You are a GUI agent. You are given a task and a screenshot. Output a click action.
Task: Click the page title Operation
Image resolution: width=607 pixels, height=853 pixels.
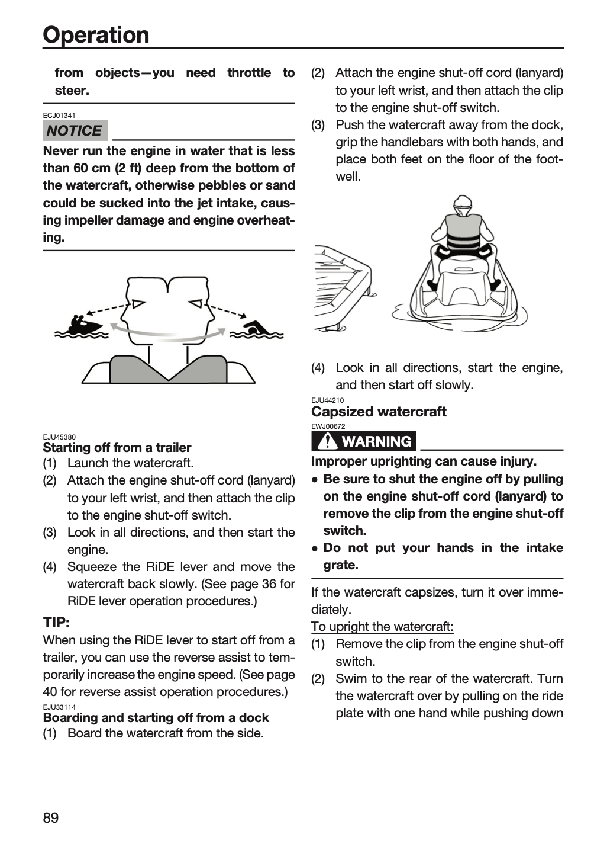tap(96, 35)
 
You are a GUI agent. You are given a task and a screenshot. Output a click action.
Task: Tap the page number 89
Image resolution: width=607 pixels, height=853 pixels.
tap(51, 817)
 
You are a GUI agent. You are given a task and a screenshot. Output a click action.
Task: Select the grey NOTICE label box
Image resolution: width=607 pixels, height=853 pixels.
tap(75, 130)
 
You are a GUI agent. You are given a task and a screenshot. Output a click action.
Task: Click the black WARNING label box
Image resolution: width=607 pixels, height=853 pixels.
tap(364, 441)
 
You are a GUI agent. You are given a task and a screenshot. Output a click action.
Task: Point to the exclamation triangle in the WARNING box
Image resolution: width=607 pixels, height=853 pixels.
tap(327, 441)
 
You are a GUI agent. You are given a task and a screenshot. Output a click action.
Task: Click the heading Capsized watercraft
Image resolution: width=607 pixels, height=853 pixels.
tap(379, 412)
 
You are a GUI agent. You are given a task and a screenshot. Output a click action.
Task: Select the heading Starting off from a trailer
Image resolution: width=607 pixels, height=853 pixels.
tap(117, 447)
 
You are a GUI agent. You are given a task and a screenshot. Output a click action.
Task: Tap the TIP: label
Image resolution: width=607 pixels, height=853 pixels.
tap(56, 623)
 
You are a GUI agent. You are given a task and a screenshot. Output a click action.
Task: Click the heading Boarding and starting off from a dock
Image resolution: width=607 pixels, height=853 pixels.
tap(156, 718)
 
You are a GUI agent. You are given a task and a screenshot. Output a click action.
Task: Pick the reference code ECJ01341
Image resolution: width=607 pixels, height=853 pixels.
tap(59, 115)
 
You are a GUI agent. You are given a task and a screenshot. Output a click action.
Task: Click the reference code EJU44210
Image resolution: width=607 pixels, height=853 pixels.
tap(328, 400)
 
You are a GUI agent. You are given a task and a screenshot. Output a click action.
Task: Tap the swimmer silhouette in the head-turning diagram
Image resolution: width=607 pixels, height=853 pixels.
tap(257, 328)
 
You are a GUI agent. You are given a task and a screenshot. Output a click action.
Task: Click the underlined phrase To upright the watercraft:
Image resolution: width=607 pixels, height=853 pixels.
tap(382, 627)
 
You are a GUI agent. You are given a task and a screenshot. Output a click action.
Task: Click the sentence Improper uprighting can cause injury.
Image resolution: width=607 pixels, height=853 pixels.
tap(424, 461)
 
